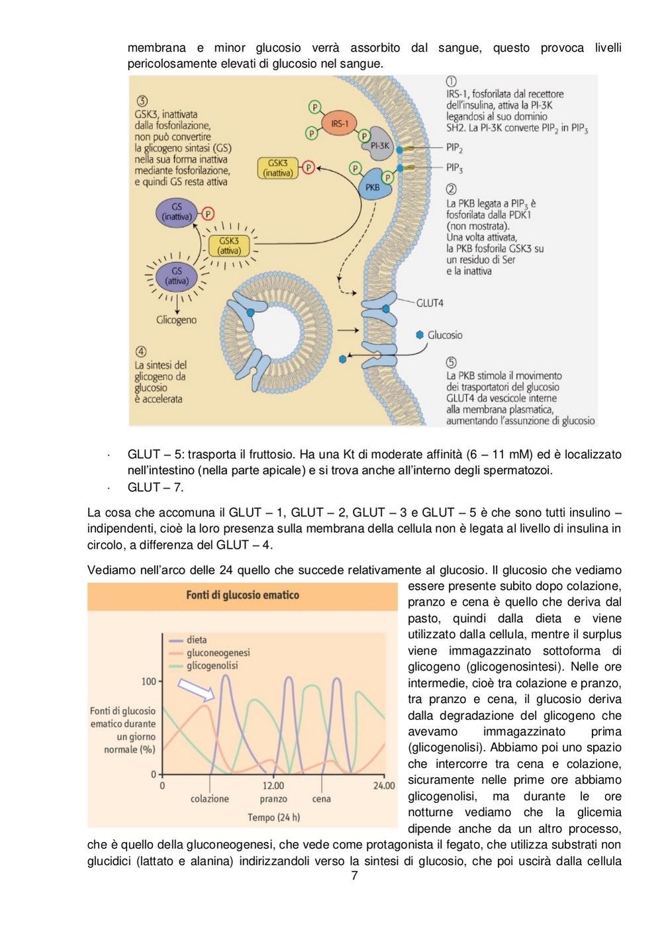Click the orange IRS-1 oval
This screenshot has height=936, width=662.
(339, 124)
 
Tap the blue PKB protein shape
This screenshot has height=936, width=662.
(374, 185)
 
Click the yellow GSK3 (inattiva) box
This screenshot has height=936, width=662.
(278, 168)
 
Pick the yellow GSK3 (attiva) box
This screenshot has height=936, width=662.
(229, 246)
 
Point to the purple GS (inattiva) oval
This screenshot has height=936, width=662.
(177, 212)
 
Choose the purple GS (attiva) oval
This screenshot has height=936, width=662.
(177, 276)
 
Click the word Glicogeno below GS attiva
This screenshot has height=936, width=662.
(176, 320)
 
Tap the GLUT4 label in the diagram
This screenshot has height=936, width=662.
(430, 303)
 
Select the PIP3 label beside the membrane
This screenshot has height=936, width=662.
(454, 168)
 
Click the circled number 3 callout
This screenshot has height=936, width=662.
(142, 101)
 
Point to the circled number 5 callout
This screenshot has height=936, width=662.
(451, 362)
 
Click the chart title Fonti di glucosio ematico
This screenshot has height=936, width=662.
(242, 595)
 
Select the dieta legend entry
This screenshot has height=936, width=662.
(188, 639)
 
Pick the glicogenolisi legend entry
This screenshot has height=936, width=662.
(203, 666)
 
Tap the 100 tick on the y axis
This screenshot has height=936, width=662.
(149, 682)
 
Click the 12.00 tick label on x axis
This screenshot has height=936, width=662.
(273, 786)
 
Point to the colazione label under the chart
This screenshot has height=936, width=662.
(210, 799)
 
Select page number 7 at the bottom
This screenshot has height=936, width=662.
(354, 875)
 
